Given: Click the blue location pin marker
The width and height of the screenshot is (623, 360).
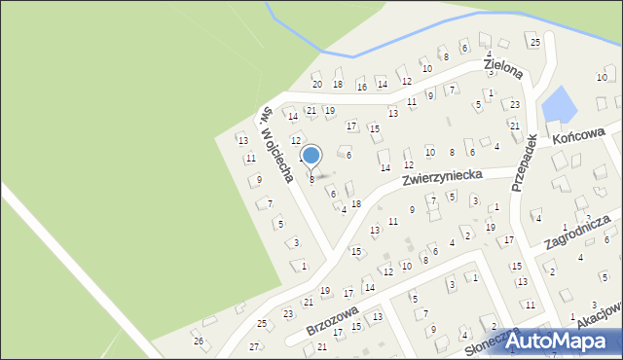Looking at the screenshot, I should click(311, 156).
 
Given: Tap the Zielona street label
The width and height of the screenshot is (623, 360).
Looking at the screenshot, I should click(504, 67).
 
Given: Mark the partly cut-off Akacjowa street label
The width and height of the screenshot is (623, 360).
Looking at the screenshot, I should click(598, 315).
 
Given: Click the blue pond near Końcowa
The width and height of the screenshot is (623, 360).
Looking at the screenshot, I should click(557, 104).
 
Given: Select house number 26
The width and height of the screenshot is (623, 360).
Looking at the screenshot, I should click(199, 341).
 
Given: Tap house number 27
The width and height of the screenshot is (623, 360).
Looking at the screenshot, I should click(255, 346).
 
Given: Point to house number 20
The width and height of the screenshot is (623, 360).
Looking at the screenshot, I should click(316, 85).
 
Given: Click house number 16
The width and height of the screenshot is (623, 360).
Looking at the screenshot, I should click(361, 87).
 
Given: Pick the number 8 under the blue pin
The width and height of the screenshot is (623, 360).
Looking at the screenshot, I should click(311, 179).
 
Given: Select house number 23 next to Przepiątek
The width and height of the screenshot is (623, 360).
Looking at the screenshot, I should click(515, 104).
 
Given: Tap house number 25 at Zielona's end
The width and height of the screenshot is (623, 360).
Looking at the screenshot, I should click(534, 43).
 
